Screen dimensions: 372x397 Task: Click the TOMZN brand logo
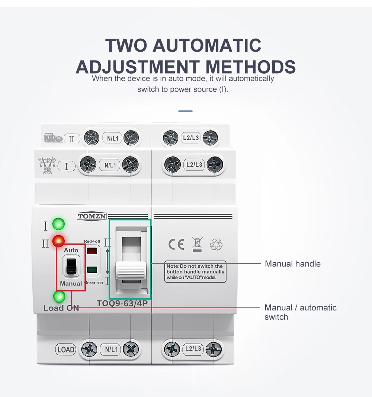(92, 216)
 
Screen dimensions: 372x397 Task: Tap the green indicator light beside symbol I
(58, 224)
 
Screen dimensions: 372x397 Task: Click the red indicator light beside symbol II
(58, 241)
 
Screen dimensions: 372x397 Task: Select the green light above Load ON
(59, 297)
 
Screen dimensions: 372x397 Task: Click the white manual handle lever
(131, 270)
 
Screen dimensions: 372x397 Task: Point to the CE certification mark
(176, 244)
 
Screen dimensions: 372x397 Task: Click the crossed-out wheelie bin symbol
(196, 245)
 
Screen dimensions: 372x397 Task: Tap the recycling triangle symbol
(216, 244)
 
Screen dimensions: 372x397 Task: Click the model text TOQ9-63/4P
(125, 303)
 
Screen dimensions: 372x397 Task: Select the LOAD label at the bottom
(66, 349)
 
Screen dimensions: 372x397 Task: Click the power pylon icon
(47, 165)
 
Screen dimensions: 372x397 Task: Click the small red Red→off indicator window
(92, 251)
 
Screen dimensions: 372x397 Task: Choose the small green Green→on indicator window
(92, 270)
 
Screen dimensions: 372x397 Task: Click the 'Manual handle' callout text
(292, 264)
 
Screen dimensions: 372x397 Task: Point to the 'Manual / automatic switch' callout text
(300, 312)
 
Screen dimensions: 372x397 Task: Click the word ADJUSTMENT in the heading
(138, 67)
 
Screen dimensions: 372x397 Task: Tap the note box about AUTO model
(195, 272)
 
